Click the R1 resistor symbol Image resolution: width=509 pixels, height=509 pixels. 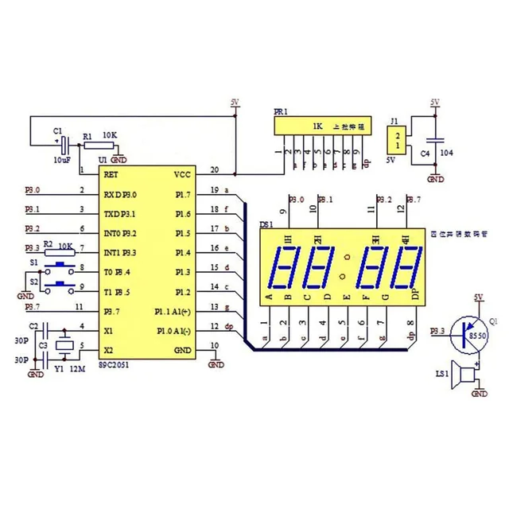coord(97,146)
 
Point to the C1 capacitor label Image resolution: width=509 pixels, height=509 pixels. coord(56,130)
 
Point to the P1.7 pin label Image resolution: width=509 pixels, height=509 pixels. coord(182,194)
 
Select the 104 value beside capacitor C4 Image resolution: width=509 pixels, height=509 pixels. coord(447,152)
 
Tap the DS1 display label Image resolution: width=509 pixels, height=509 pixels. coord(266,226)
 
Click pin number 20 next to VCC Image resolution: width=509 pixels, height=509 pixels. coord(214,169)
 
